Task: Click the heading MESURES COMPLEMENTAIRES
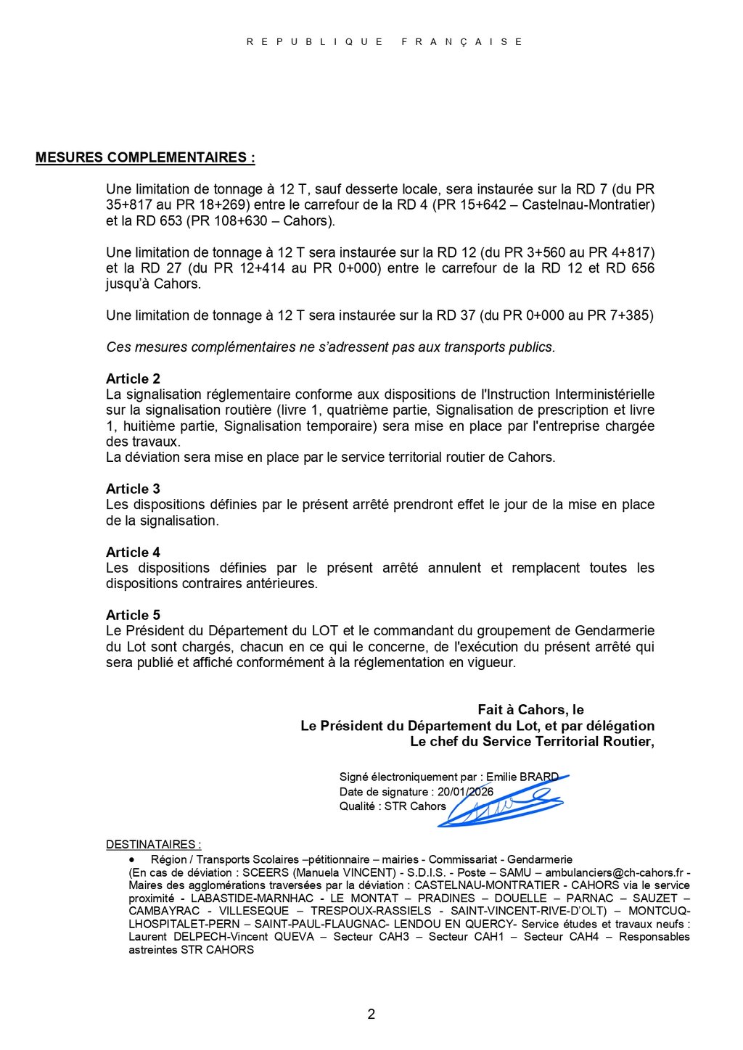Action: coord(144,157)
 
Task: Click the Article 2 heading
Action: coord(133,379)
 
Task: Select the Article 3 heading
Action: coord(133,489)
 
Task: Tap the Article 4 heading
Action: coord(133,552)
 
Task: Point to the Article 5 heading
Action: coord(133,615)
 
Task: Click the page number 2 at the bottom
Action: coord(371,1014)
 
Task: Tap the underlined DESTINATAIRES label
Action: coord(153,845)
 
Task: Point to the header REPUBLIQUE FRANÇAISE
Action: coord(385,42)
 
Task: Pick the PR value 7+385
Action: coord(629,315)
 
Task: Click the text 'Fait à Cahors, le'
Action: coord(530,710)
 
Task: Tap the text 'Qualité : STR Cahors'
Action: coord(393,806)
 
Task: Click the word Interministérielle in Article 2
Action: coord(604,394)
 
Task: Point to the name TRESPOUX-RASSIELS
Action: coord(371,911)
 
